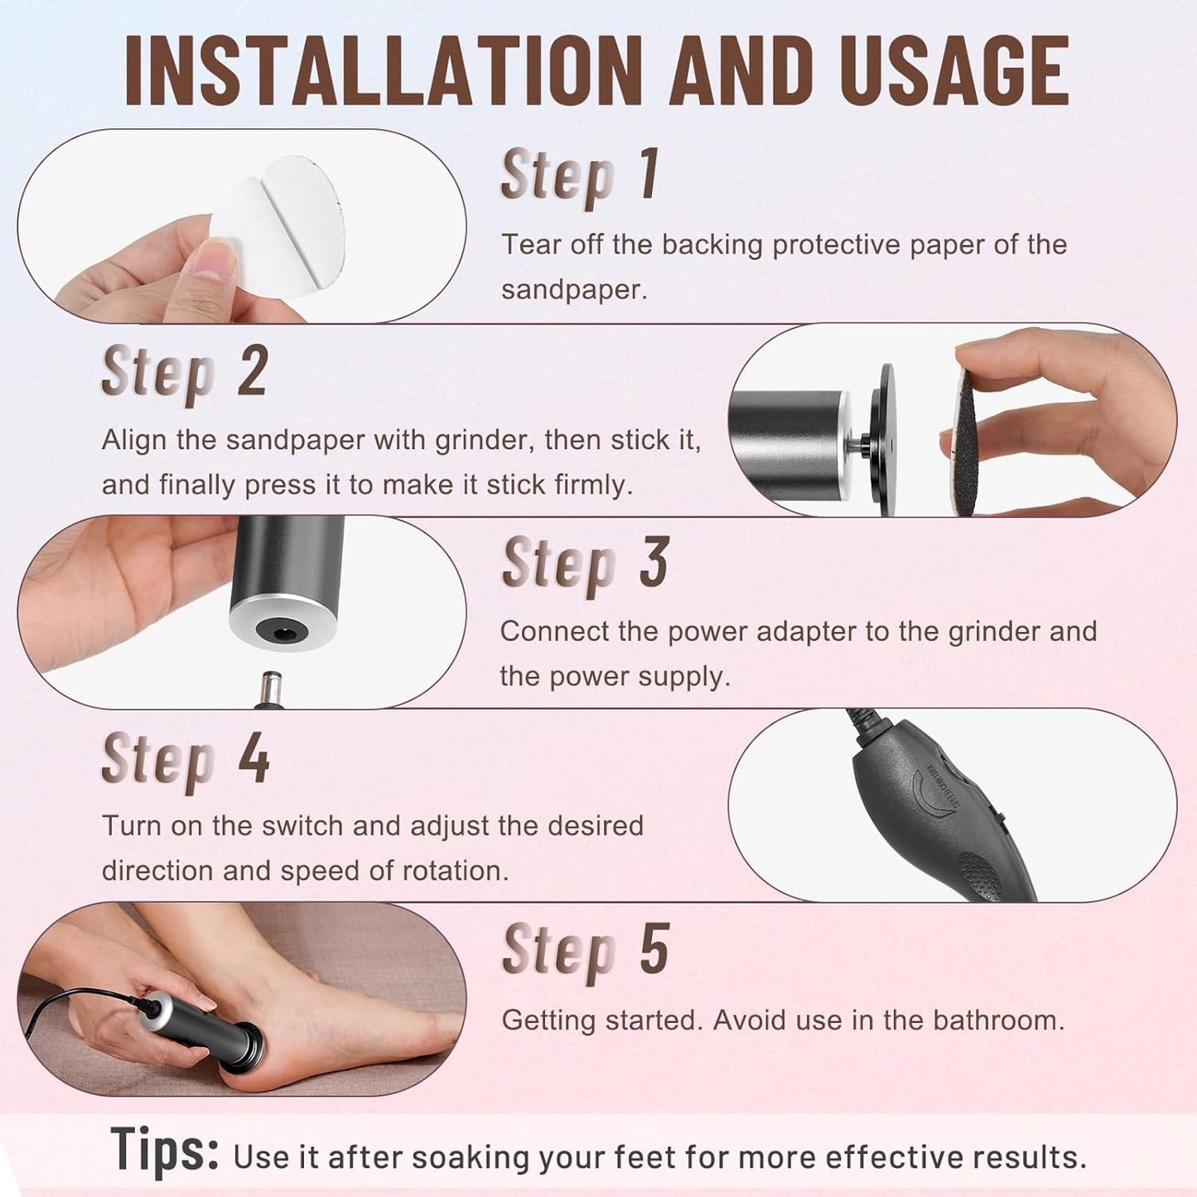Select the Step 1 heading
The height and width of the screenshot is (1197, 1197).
click(580, 176)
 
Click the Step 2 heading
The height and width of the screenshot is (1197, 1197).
click(184, 373)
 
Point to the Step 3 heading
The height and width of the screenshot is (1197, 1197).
click(585, 564)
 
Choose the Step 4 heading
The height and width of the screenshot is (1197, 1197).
click(185, 759)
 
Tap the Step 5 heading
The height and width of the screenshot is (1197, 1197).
click(585, 950)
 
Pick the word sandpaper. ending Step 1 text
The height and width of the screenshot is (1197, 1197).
click(573, 290)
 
